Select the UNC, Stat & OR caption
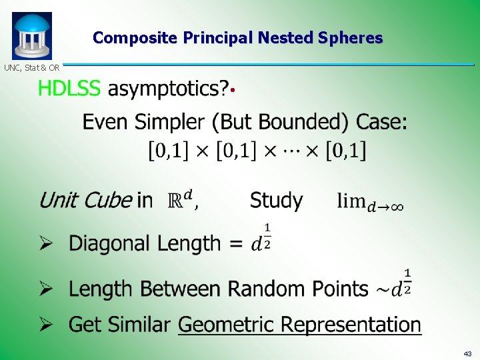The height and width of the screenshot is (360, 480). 32,67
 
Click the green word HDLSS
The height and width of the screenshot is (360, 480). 69,89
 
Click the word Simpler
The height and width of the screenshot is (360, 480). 168,122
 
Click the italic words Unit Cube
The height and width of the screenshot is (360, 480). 85,200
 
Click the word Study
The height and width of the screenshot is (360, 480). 276,200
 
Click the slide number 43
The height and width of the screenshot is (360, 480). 467,353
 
